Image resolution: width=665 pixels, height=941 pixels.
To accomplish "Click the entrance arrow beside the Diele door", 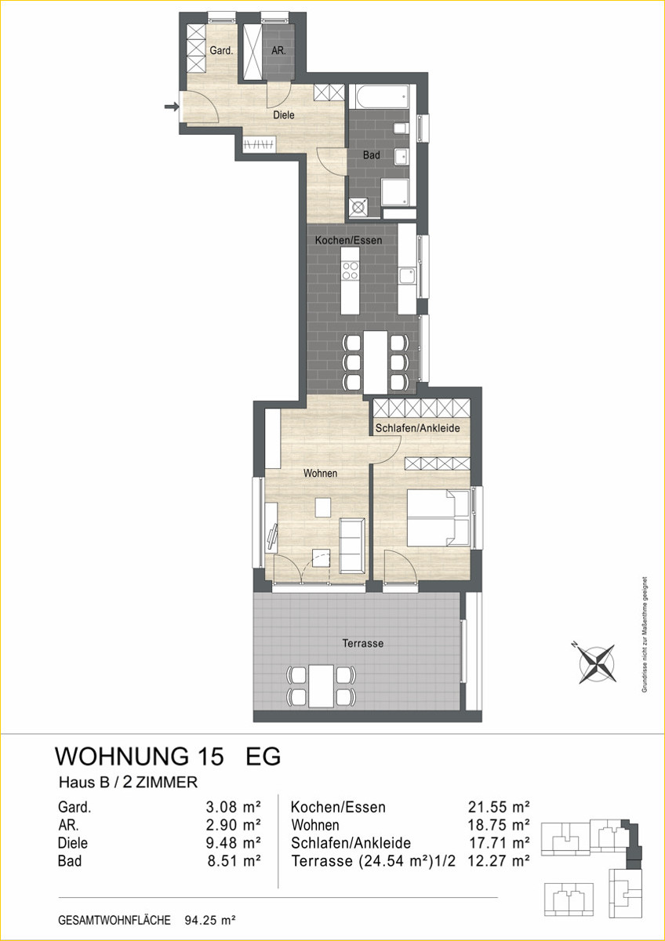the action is [172, 107].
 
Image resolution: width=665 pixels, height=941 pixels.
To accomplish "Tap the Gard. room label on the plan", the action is [221, 51].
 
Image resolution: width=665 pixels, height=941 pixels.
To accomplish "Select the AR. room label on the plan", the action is [278, 51].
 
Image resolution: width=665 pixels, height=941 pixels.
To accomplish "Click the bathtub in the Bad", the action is [380, 96].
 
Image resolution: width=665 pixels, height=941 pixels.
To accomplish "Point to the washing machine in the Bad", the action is [358, 208].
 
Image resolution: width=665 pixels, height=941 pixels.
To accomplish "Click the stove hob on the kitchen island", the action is [350, 271].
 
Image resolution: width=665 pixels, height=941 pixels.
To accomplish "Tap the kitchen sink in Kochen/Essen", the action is [407, 275].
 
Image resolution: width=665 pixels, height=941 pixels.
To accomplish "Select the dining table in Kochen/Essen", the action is [375, 362].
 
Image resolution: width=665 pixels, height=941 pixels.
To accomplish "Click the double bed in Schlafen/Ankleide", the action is [438, 518].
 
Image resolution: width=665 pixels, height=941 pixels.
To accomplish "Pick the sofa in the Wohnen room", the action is [351, 546].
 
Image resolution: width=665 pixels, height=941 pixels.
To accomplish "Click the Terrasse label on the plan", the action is [362, 643].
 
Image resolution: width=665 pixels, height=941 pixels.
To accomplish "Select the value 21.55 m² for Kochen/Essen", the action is [499, 807].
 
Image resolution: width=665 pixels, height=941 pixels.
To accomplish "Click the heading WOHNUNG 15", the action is [139, 757].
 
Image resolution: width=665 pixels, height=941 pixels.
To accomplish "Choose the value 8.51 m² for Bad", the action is [234, 861].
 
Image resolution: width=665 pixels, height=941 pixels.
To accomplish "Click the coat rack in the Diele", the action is [260, 145].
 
